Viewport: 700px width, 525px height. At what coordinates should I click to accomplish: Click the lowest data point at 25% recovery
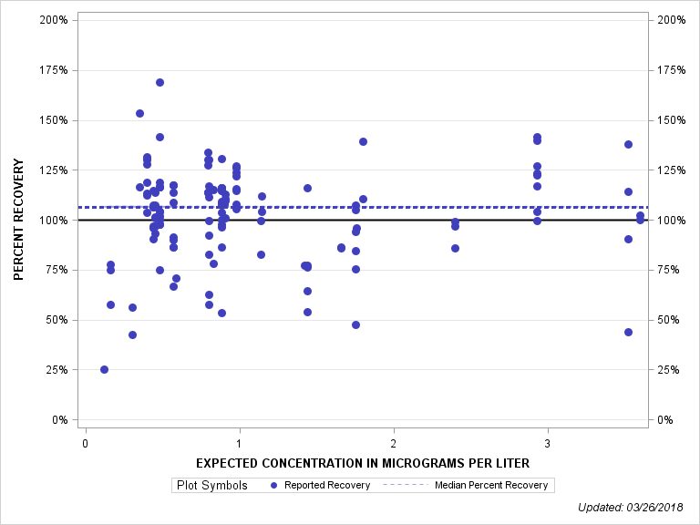[104, 369]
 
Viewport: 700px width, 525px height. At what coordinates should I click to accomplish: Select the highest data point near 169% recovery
[160, 82]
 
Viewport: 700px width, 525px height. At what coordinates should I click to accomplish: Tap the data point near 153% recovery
[139, 114]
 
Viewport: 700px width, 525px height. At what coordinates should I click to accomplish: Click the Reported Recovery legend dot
[274, 485]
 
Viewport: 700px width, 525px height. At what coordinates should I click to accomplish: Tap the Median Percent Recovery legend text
[491, 485]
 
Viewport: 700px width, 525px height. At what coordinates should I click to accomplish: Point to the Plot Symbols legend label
[211, 485]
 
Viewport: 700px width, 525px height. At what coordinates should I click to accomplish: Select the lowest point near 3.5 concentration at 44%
[628, 332]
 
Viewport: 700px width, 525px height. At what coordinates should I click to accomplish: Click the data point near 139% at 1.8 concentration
[363, 141]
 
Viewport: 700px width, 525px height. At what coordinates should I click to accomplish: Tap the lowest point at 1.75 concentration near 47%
[355, 324]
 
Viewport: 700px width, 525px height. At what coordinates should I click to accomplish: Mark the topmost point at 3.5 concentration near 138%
[628, 144]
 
